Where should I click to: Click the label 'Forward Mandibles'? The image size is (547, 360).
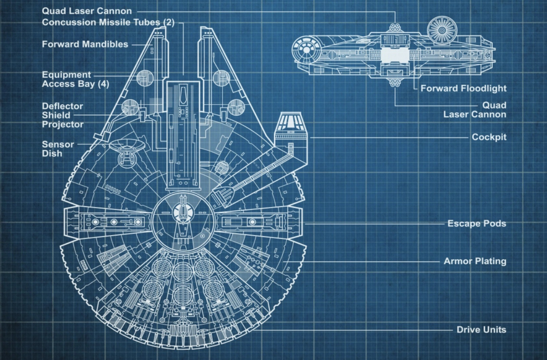[x=85, y=44]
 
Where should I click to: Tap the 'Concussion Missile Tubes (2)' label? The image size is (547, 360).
[x=108, y=22]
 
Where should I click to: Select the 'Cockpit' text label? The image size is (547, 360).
[x=489, y=137]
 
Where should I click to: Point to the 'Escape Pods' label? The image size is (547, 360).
[x=476, y=224]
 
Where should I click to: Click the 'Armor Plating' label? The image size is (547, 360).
[x=475, y=261]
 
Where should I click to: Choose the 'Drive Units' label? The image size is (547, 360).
[x=481, y=330]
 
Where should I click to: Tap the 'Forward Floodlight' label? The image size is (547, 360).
[x=463, y=89]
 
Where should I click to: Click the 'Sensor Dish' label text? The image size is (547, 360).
[x=58, y=149]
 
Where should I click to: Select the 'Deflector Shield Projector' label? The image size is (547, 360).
[x=62, y=115]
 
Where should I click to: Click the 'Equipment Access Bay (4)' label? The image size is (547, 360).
[x=75, y=79]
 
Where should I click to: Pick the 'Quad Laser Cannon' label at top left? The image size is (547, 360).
[x=87, y=11]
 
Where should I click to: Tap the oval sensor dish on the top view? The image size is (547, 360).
[x=127, y=146]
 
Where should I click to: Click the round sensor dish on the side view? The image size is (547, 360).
[x=442, y=31]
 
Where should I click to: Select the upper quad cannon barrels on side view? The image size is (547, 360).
[x=394, y=27]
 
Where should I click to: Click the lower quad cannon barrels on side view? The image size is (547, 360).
[x=394, y=83]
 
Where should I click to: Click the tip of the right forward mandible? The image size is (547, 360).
[x=207, y=31]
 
